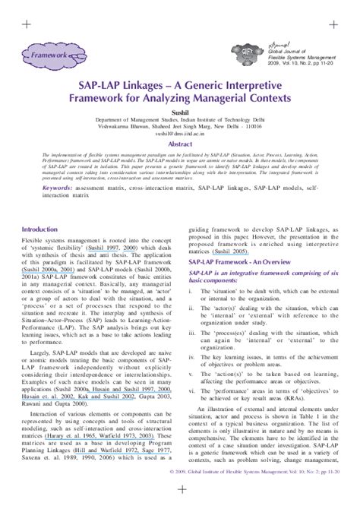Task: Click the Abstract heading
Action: pos(180,143)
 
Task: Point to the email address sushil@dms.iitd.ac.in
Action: pos(180,132)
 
